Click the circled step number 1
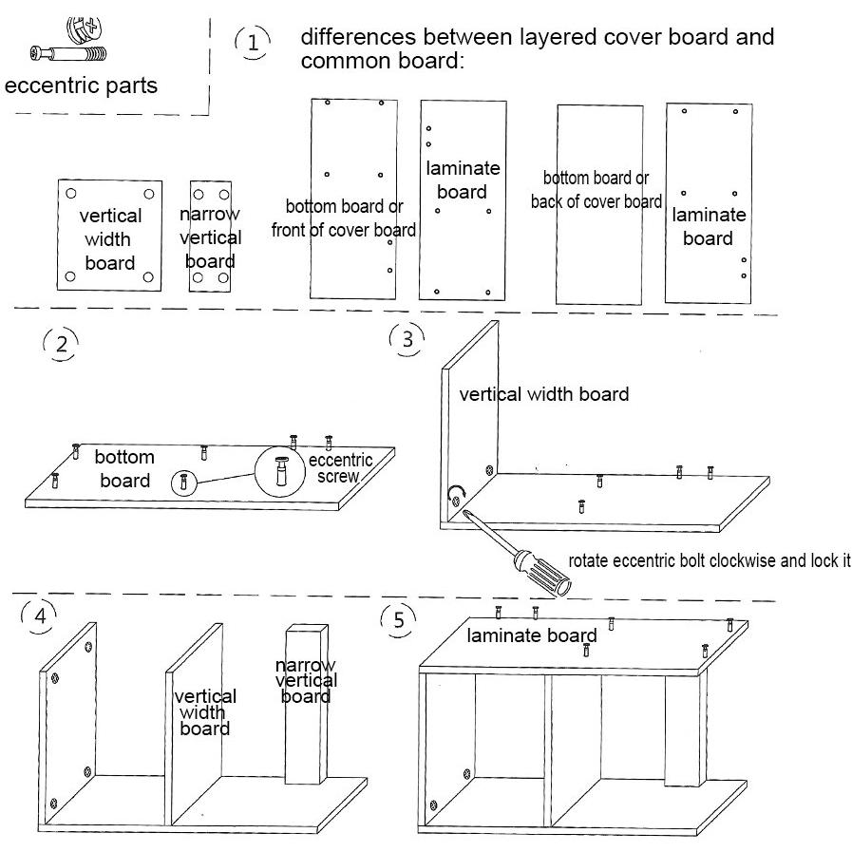pos(253,43)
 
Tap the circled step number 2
pos(62,345)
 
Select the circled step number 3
pos(407,340)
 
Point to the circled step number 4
pos(39,616)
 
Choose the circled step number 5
pos(399,620)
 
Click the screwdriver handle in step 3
pos(542,574)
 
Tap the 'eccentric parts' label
pos(81,85)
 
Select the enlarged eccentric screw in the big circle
pos(281,470)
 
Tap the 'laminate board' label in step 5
pos(531,635)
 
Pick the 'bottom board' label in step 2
pos(124,468)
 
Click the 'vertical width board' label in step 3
pos(544,394)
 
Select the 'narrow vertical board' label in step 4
pos(306,680)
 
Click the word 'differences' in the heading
pos(359,37)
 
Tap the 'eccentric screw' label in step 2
pos(340,468)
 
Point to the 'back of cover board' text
pos(596,201)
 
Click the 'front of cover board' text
pos(344,230)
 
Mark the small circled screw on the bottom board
pos(183,482)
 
